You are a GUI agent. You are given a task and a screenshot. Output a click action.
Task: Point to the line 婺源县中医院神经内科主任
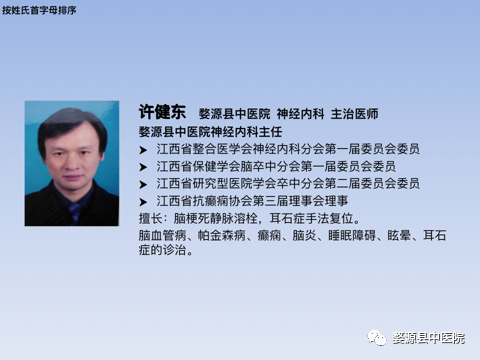[205, 131]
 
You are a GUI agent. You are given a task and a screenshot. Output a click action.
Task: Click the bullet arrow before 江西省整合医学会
[144, 149]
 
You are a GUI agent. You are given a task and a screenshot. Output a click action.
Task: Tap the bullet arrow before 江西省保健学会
[144, 167]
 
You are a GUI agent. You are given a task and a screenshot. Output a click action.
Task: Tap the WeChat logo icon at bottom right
[375, 338]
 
